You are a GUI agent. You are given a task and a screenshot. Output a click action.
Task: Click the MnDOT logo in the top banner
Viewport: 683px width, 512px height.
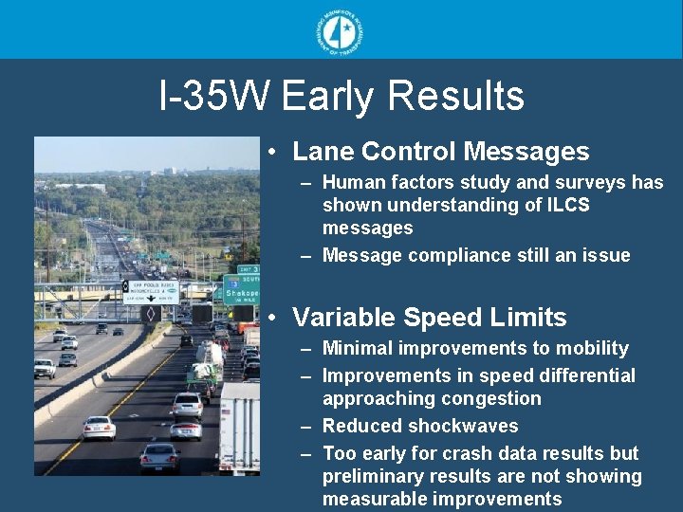click(341, 30)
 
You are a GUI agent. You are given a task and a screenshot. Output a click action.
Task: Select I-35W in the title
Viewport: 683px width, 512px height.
click(215, 97)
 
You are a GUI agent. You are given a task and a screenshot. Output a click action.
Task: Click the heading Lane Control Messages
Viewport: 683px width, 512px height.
click(440, 152)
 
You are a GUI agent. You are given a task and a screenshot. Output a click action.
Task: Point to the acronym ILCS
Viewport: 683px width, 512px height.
click(565, 205)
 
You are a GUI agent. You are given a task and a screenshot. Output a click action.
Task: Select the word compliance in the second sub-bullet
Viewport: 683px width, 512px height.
click(456, 255)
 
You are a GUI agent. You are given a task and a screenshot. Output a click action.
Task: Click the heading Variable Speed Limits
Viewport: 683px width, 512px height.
click(429, 318)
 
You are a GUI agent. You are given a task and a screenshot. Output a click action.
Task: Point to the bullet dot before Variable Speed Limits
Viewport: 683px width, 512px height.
click(272, 319)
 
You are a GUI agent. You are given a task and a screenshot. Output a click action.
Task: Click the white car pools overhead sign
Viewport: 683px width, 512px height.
click(153, 291)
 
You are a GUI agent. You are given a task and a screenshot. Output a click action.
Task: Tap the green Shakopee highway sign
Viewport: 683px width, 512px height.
click(241, 290)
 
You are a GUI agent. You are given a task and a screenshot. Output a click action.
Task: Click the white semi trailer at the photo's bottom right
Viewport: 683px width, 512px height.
click(239, 427)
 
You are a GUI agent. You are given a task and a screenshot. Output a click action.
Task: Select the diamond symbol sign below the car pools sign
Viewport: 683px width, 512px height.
click(149, 312)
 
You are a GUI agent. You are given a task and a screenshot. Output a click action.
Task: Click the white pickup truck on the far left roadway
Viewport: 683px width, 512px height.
click(45, 368)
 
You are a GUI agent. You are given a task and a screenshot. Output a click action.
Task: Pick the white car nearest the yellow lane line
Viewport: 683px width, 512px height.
click(99, 429)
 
